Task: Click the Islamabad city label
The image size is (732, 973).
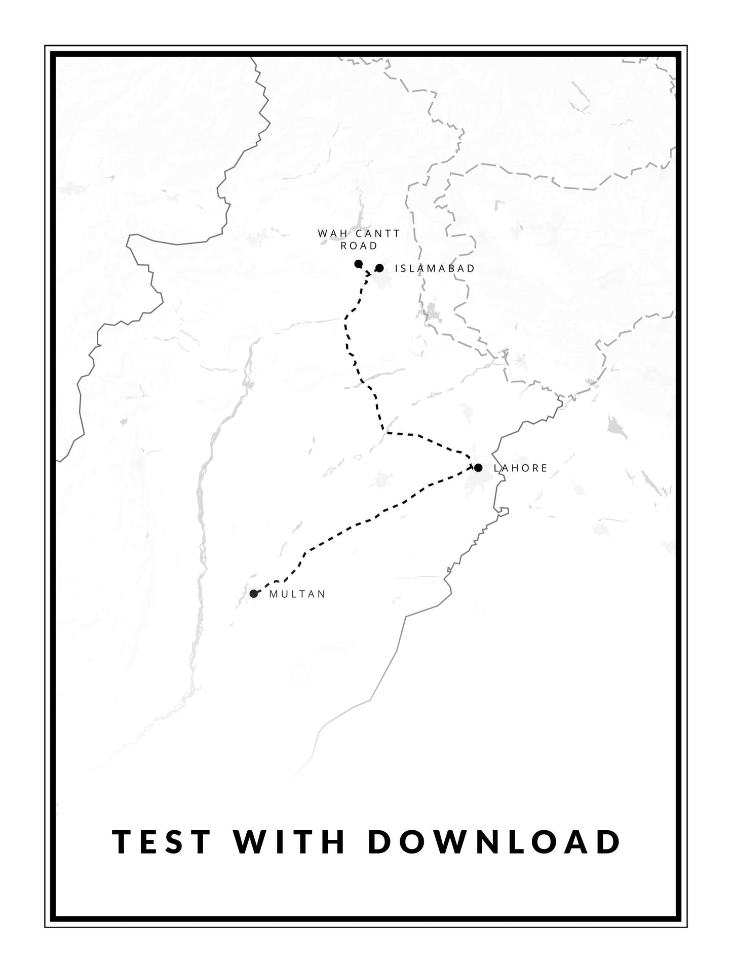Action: click(435, 268)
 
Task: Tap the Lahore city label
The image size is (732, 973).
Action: click(520, 468)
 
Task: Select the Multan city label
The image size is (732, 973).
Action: click(297, 594)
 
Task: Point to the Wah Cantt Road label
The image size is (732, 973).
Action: click(359, 239)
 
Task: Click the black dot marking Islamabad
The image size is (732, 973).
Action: click(379, 268)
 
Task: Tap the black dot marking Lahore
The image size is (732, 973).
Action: click(478, 467)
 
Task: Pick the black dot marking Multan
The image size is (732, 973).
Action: click(253, 593)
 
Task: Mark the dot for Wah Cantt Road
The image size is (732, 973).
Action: click(358, 263)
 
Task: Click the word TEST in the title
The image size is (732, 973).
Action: click(161, 841)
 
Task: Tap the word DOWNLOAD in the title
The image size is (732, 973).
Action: click(493, 841)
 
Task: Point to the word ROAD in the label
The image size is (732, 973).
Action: click(359, 246)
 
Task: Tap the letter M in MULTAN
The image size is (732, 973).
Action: click(274, 594)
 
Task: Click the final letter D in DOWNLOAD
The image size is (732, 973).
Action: click(608, 841)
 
